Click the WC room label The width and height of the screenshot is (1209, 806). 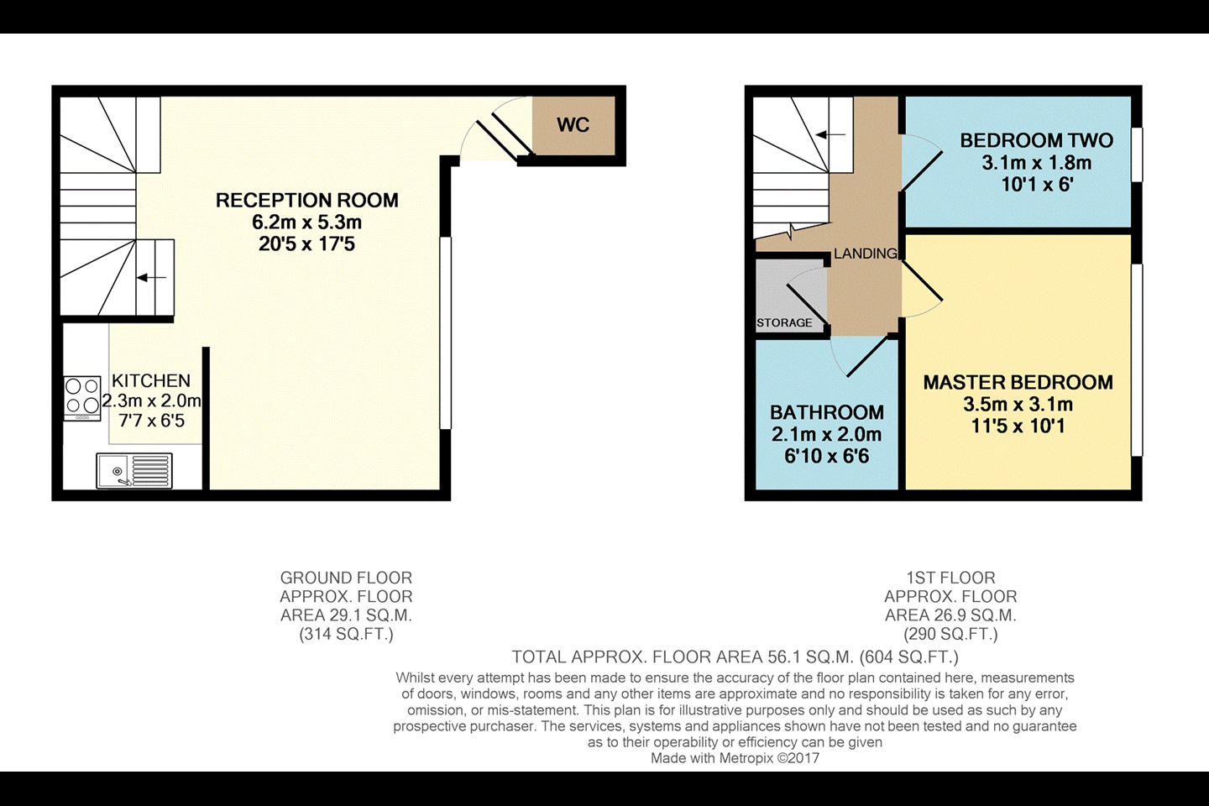pyautogui.click(x=573, y=125)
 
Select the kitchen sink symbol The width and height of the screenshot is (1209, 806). pyautogui.click(x=134, y=470)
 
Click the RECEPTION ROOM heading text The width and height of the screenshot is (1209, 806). pyautogui.click(x=306, y=201)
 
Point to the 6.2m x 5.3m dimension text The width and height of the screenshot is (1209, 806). pyautogui.click(x=306, y=222)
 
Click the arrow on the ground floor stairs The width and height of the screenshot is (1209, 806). pyautogui.click(x=152, y=277)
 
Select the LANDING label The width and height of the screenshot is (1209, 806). pyautogui.click(x=865, y=254)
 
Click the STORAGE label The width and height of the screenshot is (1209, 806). pyautogui.click(x=784, y=322)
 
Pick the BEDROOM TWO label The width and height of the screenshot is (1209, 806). pyautogui.click(x=1036, y=141)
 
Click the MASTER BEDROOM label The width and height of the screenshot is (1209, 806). pyautogui.click(x=1018, y=383)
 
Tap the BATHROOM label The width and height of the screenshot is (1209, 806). pyautogui.click(x=826, y=412)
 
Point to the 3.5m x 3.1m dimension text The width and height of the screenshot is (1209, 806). pyautogui.click(x=1018, y=405)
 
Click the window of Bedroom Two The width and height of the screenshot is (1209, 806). pyautogui.click(x=1137, y=154)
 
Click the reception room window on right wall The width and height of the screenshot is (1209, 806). pyautogui.click(x=446, y=332)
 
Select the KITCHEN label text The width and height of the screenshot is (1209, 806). pyautogui.click(x=151, y=381)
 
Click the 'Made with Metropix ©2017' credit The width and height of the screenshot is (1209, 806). pyautogui.click(x=735, y=758)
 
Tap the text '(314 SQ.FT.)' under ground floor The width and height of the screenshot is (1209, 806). pyautogui.click(x=346, y=634)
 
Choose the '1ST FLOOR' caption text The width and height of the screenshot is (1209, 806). pyautogui.click(x=950, y=578)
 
